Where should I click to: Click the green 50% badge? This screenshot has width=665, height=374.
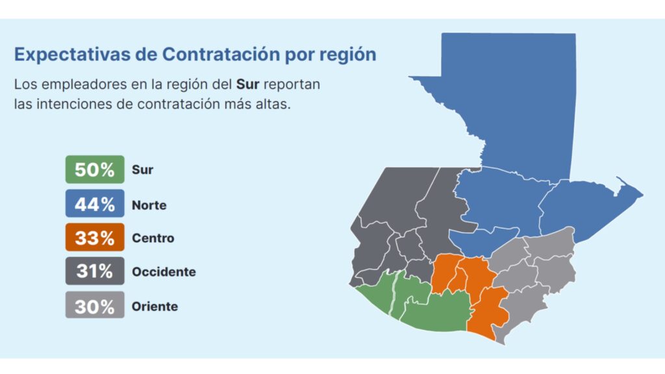[x=94, y=170]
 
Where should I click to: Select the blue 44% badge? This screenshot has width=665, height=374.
[x=94, y=205]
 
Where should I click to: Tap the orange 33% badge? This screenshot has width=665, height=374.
[x=94, y=238]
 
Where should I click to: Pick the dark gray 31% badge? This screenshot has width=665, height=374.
[x=94, y=271]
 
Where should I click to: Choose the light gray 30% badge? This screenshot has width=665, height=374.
[x=94, y=306]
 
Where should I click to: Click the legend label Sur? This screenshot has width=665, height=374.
[x=142, y=171]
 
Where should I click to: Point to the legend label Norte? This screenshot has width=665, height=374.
[x=149, y=205]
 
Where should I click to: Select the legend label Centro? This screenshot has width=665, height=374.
[x=153, y=238]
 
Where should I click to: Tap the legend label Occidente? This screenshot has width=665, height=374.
[x=164, y=272]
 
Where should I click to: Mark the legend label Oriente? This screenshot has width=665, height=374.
[x=155, y=306]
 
